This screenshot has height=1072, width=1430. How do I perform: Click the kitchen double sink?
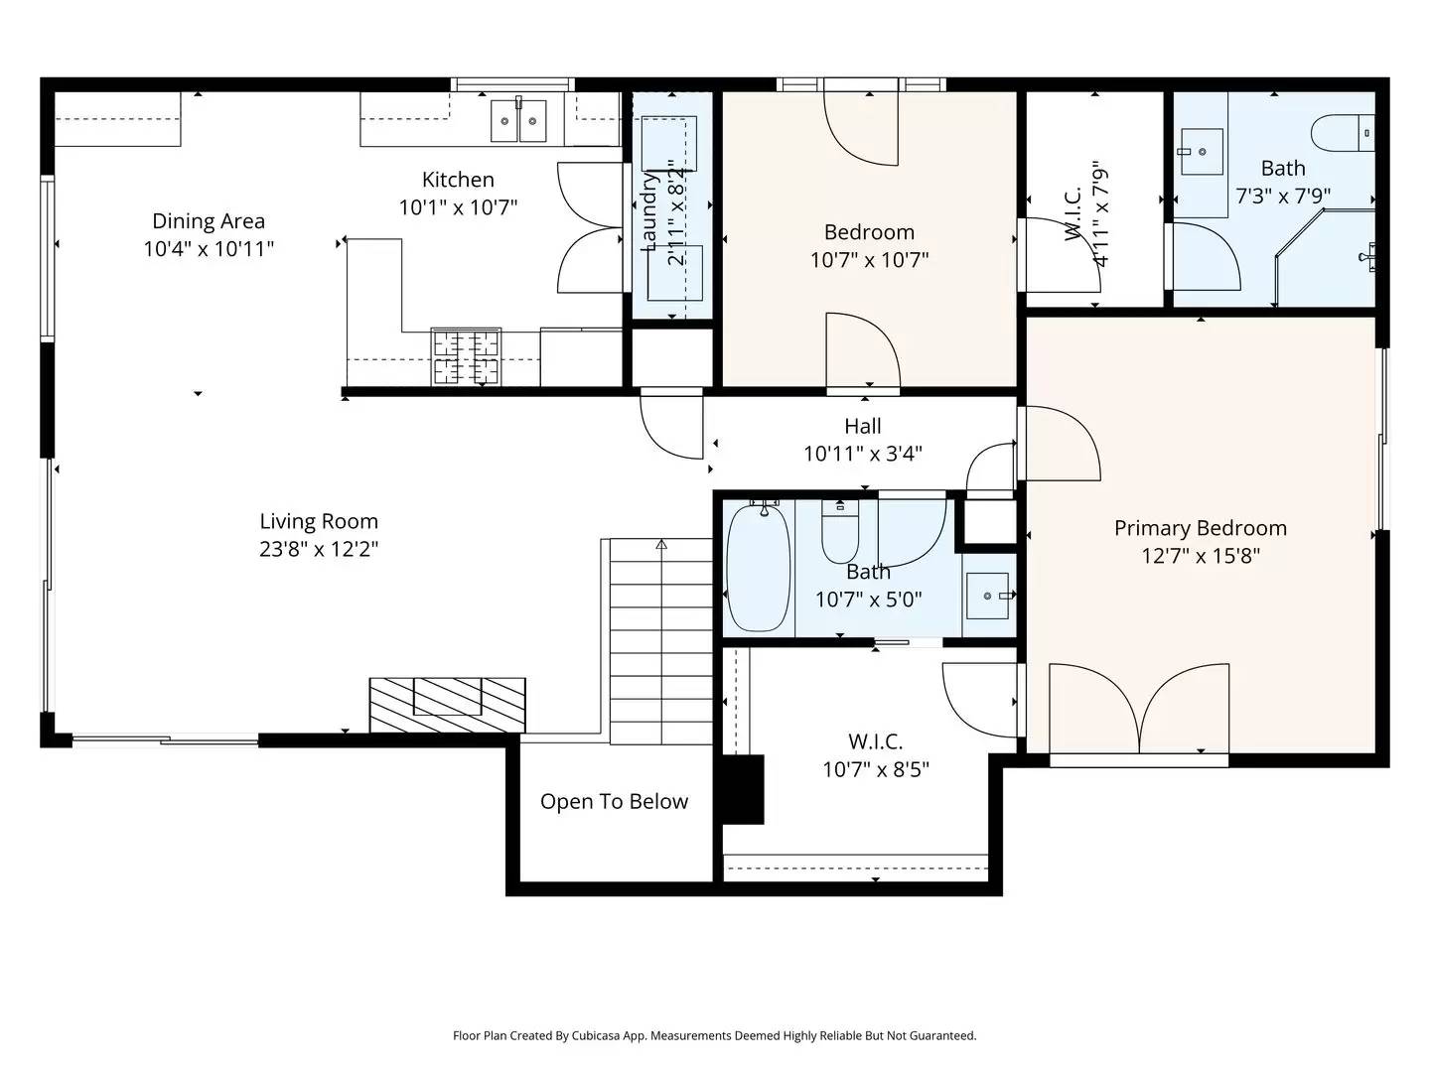(x=518, y=121)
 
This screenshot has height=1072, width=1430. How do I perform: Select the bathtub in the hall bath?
(x=758, y=567)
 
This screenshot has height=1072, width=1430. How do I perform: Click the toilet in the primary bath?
(x=1344, y=133)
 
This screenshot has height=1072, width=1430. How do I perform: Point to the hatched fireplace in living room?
(x=447, y=704)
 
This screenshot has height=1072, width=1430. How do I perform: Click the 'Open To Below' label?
(x=614, y=802)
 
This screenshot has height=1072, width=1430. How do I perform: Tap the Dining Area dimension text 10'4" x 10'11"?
(x=209, y=249)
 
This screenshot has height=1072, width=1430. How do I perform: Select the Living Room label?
(x=319, y=521)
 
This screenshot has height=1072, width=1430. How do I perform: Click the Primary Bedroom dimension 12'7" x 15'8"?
(x=1200, y=556)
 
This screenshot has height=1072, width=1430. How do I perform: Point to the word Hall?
(x=862, y=427)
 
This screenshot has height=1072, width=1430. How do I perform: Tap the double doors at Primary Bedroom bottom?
(x=1139, y=710)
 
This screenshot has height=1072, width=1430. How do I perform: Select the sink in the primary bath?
(x=1202, y=152)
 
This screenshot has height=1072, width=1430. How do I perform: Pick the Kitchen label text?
(x=458, y=180)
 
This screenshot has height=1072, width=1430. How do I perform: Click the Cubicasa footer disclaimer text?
(x=714, y=1035)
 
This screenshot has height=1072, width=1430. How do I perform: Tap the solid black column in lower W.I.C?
(x=742, y=789)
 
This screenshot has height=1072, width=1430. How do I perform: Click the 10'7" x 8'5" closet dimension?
(x=875, y=769)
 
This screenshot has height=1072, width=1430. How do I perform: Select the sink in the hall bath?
(x=988, y=596)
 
